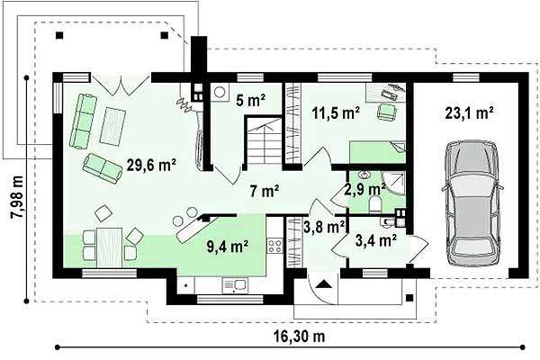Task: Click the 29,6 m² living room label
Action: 151,165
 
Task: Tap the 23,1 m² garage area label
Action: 470,112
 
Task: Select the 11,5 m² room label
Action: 336,113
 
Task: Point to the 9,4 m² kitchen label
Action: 228,246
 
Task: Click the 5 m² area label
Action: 251,100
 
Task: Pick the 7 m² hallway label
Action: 264,191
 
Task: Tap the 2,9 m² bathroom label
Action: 365,189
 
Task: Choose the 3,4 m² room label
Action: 375,240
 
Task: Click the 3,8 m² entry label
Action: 324,227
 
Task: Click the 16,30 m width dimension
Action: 300,337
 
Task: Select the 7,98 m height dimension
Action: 17,197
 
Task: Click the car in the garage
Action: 472,203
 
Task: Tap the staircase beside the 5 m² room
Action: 264,143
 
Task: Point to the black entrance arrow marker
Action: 323,283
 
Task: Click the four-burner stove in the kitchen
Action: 274,246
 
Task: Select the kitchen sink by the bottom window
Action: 236,285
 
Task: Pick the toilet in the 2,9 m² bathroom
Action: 374,203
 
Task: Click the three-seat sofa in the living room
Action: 84,121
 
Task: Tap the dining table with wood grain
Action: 110,247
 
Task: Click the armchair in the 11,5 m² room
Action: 387,112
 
